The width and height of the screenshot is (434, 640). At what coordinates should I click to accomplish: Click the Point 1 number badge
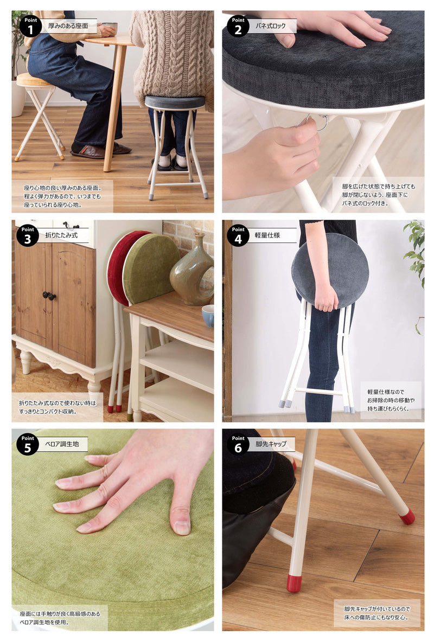click(x=30, y=27)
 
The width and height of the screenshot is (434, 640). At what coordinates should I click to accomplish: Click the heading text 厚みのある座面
click(x=68, y=25)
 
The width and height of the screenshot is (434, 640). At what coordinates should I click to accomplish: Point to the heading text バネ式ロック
click(x=270, y=25)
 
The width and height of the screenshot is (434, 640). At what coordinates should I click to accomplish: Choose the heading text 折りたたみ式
click(x=61, y=235)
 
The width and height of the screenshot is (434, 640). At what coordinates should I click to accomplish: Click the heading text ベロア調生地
click(x=62, y=444)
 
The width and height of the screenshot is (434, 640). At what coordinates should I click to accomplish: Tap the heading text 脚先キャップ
click(x=271, y=444)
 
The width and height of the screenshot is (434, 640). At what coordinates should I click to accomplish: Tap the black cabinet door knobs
click(x=49, y=296)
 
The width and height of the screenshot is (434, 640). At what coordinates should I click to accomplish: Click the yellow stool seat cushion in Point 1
click(x=34, y=80)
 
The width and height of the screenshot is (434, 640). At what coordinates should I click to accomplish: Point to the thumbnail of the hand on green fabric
click(x=113, y=529)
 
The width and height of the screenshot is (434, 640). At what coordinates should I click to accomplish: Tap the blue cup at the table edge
click(x=208, y=315)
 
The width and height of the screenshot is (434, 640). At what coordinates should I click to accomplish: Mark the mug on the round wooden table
click(x=109, y=28)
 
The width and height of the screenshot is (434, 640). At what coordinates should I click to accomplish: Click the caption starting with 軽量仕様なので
click(x=391, y=400)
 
